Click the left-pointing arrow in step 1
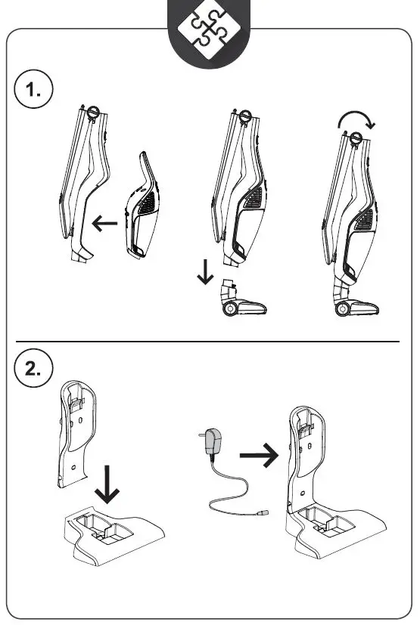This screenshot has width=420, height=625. point(104,223)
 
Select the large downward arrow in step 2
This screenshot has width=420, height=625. point(110,484)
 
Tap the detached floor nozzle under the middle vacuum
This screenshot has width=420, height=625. point(244,303)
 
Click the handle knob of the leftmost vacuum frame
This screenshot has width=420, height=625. point(93,113)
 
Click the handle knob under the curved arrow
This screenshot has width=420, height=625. point(355,138)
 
